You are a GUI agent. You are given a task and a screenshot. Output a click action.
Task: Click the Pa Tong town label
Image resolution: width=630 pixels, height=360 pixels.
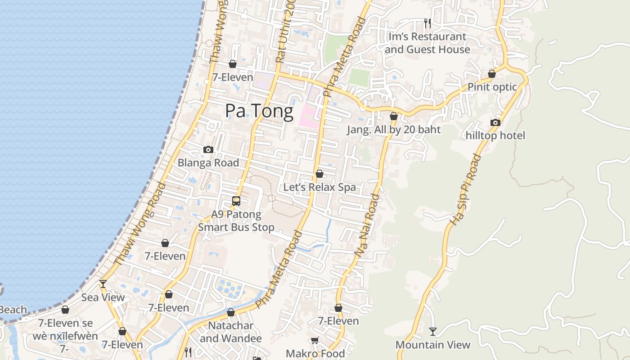259,111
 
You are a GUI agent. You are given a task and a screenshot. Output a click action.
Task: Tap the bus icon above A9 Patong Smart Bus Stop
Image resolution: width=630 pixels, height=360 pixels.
236,201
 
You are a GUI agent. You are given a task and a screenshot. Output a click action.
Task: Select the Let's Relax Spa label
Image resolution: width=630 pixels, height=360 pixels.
319,187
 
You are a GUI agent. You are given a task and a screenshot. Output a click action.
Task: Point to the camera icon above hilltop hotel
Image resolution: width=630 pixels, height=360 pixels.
495,122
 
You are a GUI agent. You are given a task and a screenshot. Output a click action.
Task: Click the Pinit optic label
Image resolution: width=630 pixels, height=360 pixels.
492,87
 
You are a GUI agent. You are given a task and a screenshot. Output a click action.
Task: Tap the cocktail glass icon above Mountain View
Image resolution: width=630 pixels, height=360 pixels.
433,332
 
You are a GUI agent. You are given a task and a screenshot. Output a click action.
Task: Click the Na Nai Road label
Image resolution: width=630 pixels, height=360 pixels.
367,226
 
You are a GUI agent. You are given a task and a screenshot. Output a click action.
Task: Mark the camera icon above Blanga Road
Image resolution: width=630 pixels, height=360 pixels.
208,149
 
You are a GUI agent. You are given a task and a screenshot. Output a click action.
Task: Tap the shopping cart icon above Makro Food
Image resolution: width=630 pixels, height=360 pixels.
315,341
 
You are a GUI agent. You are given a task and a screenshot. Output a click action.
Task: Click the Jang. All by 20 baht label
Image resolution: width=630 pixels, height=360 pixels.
394,130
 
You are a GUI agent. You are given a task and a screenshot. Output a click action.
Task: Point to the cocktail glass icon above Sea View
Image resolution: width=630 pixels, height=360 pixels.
103,284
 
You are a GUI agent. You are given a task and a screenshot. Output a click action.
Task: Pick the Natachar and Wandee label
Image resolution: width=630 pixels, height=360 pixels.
231,332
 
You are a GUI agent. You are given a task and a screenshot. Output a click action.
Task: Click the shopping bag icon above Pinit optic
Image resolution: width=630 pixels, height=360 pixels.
492,74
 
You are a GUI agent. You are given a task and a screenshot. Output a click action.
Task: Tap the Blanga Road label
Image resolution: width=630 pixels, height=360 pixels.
208,162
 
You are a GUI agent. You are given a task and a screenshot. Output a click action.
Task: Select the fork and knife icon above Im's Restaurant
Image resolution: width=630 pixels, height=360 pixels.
427,22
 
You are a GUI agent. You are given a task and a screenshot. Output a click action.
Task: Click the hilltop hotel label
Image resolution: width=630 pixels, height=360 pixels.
495,135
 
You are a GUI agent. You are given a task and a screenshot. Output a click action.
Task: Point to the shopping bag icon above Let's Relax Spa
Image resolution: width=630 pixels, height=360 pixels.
319,174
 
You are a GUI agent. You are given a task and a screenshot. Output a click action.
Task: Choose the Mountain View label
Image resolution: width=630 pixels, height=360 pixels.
433,345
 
